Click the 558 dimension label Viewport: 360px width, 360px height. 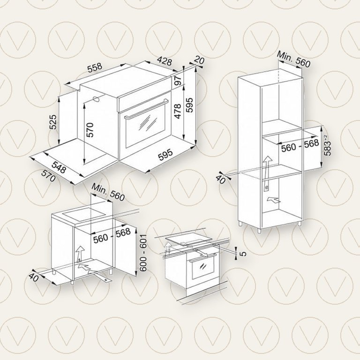coord(95,67)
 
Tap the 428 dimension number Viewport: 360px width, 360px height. coord(165,60)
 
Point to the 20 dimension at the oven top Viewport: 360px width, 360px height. coord(199,60)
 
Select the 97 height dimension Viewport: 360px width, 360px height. coord(178,80)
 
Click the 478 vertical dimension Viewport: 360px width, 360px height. coord(178,112)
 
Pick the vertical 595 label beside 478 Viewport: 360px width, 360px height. coord(189,105)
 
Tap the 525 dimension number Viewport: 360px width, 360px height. coord(53,122)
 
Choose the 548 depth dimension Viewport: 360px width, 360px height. coord(59,167)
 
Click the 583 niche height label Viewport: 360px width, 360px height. coord(327,145)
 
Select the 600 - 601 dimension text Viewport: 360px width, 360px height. coord(143,253)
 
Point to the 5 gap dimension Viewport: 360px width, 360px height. coord(244,254)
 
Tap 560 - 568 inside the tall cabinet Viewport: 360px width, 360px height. coord(300,145)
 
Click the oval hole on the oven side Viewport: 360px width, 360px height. coord(96,98)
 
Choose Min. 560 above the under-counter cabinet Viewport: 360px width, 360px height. coord(108,192)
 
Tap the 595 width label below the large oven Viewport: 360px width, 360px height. coord(165,156)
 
